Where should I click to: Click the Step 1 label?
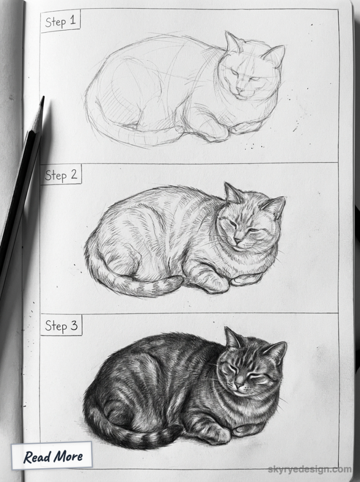pos(61,22)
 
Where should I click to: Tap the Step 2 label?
pos(61,175)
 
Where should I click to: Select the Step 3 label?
pos(61,326)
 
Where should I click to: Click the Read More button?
pos(53,456)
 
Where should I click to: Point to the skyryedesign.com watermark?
pos(309,469)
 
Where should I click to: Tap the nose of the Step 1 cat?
pos(240,88)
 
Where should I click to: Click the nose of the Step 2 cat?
pos(238,240)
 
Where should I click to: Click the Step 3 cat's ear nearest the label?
pos(232,338)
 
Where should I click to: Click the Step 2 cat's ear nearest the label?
pos(232,193)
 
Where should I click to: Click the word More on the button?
pos(67,456)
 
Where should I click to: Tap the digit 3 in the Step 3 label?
pos(74,326)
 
